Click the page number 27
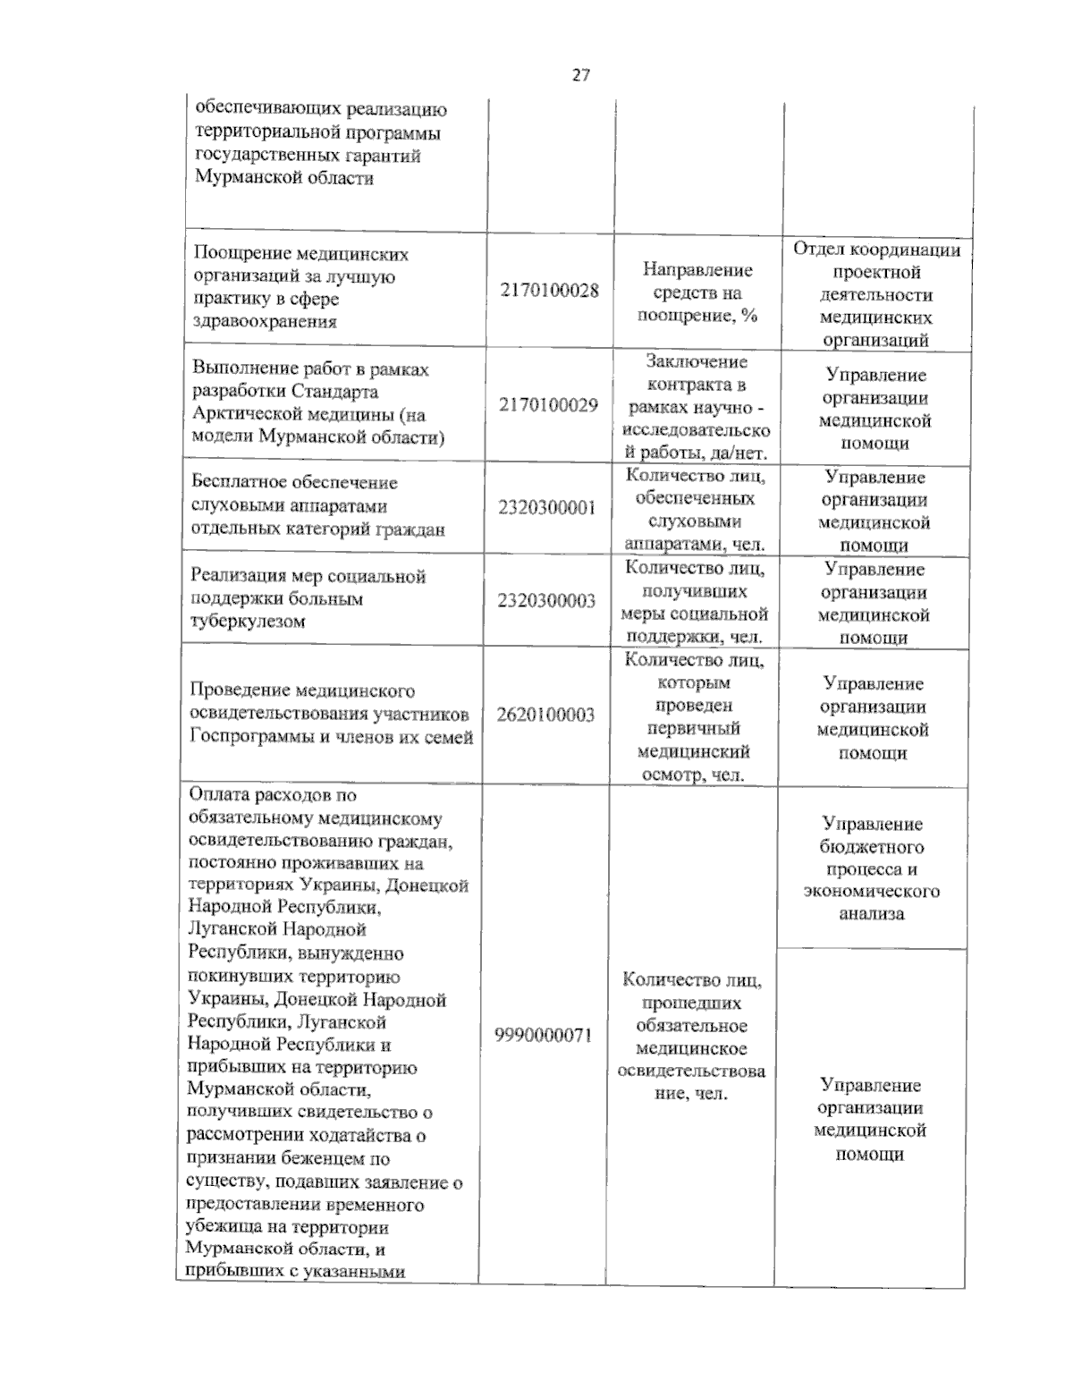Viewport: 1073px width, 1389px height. click(x=580, y=76)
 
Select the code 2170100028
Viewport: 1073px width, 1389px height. click(x=549, y=291)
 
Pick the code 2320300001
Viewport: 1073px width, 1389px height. click(x=546, y=508)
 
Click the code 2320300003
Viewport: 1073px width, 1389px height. click(x=546, y=600)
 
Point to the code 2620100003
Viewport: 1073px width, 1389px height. click(x=545, y=715)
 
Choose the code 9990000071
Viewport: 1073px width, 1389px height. click(x=543, y=1035)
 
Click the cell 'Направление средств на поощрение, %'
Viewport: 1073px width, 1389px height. click(x=697, y=292)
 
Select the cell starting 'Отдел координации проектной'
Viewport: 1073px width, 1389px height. click(x=876, y=294)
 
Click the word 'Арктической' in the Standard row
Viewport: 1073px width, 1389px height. click(x=244, y=414)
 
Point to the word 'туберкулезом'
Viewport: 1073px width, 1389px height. click(x=248, y=622)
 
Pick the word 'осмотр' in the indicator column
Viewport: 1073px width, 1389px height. click(x=672, y=775)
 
